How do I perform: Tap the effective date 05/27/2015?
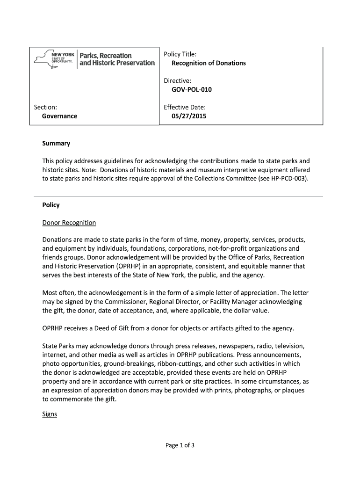pyautogui.click(x=189, y=116)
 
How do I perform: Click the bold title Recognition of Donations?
pyautogui.click(x=209, y=63)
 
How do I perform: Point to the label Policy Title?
pyautogui.click(x=180, y=54)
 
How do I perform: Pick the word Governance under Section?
pyautogui.click(x=59, y=116)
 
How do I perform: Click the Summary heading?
pyautogui.click(x=56, y=143)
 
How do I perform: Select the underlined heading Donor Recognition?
pyautogui.click(x=69, y=223)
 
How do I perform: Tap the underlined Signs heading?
pyautogui.click(x=50, y=414)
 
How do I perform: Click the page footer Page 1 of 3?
pyautogui.click(x=180, y=445)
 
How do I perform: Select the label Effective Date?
pyautogui.click(x=185, y=107)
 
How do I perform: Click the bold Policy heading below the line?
pyautogui.click(x=51, y=205)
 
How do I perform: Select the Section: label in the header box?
pyautogui.click(x=45, y=107)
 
